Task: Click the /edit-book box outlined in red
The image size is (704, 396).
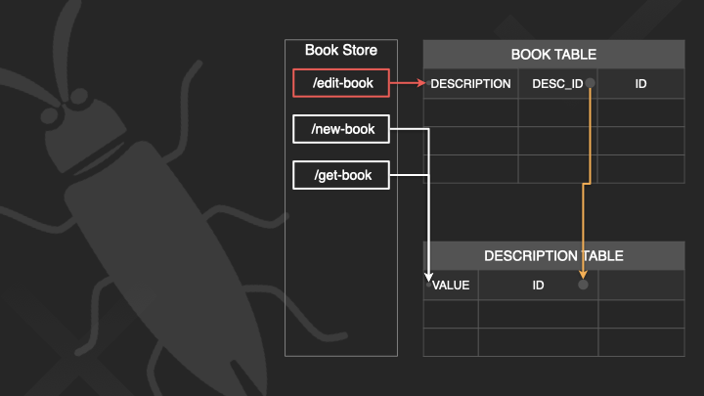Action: pyautogui.click(x=341, y=83)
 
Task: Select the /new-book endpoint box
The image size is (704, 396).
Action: pyautogui.click(x=341, y=129)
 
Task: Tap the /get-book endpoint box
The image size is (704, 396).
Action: pyautogui.click(x=341, y=176)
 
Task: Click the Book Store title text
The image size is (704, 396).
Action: pyautogui.click(x=340, y=51)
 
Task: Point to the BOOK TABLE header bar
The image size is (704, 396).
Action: pyautogui.click(x=552, y=55)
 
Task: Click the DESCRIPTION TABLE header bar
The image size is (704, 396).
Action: pyautogui.click(x=552, y=256)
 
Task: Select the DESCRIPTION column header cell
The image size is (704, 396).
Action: pyautogui.click(x=470, y=84)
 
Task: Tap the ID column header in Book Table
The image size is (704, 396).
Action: pyautogui.click(x=640, y=84)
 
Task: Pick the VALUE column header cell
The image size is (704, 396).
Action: pyautogui.click(x=451, y=286)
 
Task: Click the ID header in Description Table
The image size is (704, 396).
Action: pyautogui.click(x=538, y=286)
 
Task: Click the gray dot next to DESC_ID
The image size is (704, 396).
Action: pyautogui.click(x=591, y=84)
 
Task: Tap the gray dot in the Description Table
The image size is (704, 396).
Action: pyautogui.click(x=584, y=285)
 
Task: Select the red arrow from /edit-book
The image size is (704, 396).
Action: pyautogui.click(x=406, y=83)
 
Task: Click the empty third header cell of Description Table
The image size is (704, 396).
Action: pyautogui.click(x=640, y=286)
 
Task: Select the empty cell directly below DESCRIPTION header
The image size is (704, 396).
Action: pyautogui.click(x=470, y=112)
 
